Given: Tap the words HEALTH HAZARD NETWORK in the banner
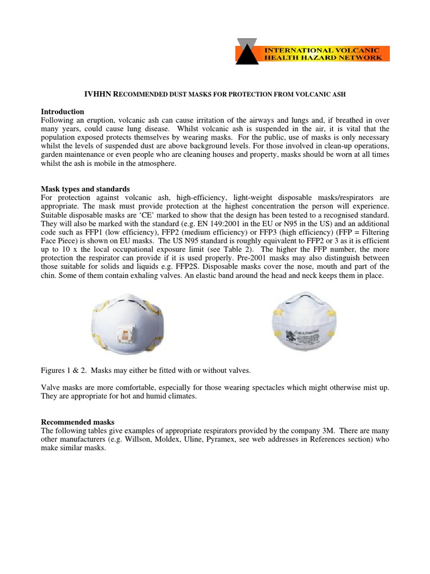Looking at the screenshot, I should [x=323, y=57].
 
